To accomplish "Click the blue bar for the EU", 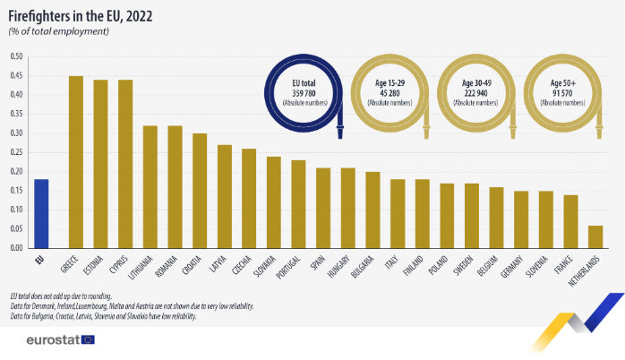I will click(40, 212).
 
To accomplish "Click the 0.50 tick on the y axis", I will click(16, 56).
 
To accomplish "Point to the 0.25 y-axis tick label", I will click(16, 151).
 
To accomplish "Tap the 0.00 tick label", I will click(16, 246).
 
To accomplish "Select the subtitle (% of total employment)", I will click(59, 30).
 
